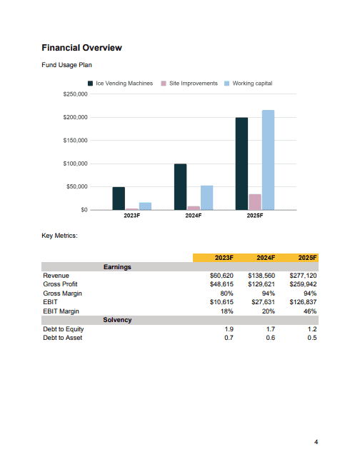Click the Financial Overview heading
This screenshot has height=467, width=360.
81,48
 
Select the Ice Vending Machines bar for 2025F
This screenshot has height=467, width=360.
241,164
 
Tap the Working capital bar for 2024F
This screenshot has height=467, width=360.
207,198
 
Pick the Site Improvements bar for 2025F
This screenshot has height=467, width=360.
255,202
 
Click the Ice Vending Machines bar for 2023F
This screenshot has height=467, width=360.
119,199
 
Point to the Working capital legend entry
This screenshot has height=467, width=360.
249,84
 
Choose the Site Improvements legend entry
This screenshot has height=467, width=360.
189,84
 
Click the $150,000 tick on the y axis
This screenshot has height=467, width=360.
76,140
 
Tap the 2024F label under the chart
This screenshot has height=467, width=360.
194,216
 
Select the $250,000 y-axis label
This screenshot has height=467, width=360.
76,94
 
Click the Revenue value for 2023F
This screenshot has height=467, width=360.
221,276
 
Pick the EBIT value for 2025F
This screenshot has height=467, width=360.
303,302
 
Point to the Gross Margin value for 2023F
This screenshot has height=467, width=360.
227,293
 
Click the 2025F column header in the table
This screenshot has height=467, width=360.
307,258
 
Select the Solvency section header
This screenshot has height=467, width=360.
117,320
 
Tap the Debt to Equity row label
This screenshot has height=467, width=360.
63,329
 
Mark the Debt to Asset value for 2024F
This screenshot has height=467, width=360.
271,338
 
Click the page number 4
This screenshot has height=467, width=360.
316,442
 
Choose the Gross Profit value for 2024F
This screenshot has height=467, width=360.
261,284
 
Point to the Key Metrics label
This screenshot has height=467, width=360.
59,236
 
